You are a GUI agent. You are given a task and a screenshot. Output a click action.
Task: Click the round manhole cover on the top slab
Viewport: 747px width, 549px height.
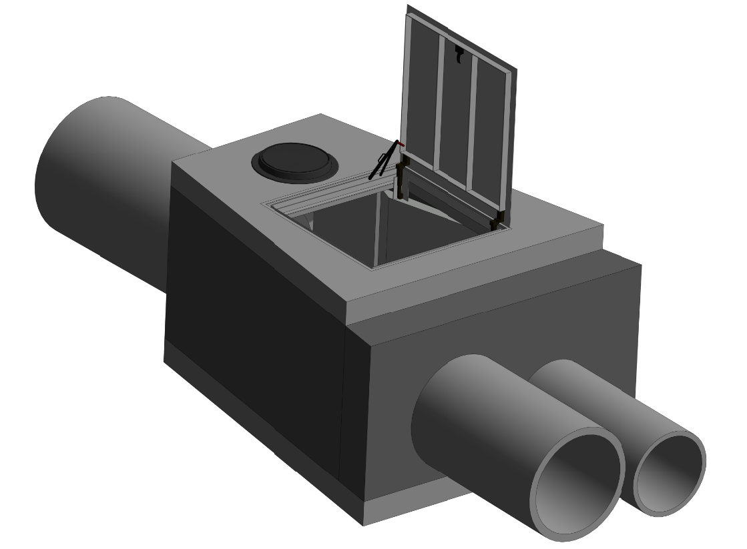293,161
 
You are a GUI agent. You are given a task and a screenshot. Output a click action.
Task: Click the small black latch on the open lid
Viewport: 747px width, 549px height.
459,55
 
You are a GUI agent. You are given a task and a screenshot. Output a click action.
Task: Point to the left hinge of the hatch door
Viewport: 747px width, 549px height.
401,181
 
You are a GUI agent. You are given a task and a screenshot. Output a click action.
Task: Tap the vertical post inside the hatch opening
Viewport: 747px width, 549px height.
380,230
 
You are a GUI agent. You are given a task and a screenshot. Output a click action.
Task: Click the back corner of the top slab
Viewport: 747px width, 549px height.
320,114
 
